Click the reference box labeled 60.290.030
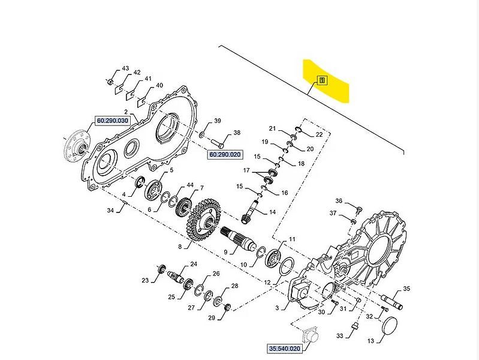pos(113,121)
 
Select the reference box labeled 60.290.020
pos(224,155)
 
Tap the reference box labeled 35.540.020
pos(284,347)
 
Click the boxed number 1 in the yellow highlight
pos(322,80)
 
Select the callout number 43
pos(125,68)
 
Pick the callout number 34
pos(110,211)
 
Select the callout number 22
pos(319,135)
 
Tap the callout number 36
pos(339,201)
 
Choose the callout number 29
pos(211,317)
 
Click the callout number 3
pos(277,308)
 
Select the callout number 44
pos(189,185)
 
